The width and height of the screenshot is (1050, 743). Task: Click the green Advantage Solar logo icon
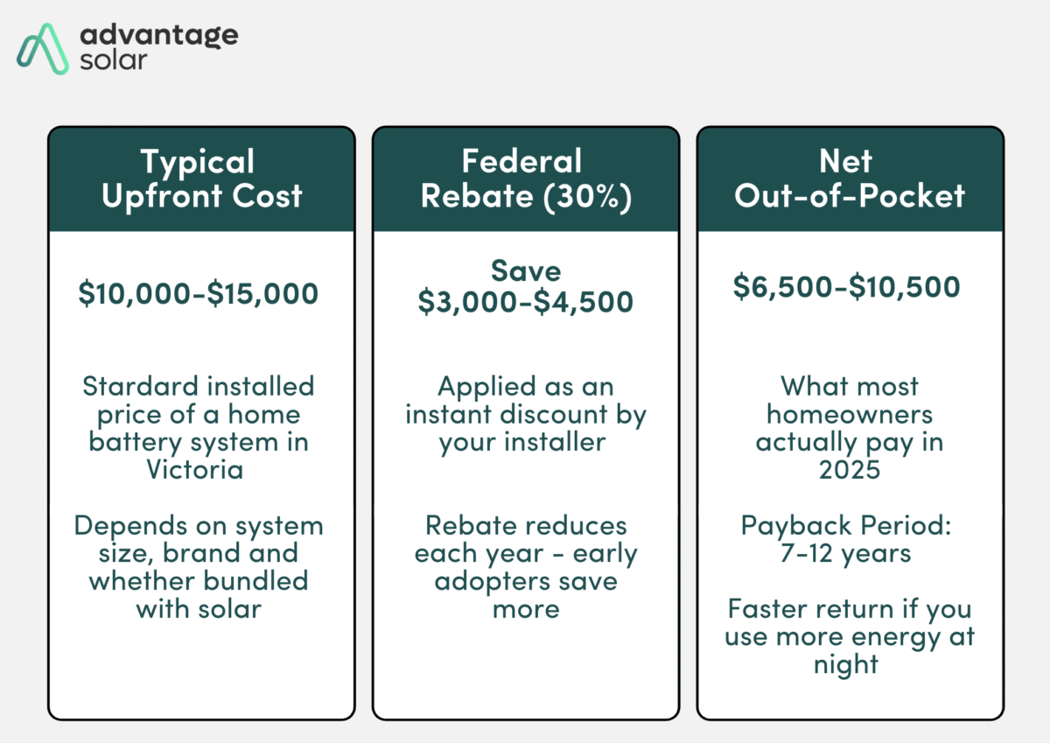click(x=44, y=48)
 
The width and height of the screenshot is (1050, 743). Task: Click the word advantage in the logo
click(x=158, y=35)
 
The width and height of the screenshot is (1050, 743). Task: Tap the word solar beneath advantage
click(x=113, y=61)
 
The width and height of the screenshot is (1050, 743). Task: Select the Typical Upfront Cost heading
click(x=201, y=179)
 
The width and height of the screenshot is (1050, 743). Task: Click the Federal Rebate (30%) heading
click(x=525, y=179)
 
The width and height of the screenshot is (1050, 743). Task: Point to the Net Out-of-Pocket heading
click(x=849, y=179)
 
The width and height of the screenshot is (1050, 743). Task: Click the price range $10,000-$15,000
click(x=199, y=293)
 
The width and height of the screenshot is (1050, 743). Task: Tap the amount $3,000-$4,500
click(x=525, y=302)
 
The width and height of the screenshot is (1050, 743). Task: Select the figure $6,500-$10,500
click(x=847, y=286)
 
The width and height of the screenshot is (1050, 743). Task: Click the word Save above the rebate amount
click(x=525, y=270)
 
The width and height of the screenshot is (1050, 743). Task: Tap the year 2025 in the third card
click(x=848, y=469)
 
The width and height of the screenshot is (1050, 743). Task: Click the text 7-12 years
click(x=848, y=553)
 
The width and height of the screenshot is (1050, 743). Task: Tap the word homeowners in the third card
click(x=848, y=414)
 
